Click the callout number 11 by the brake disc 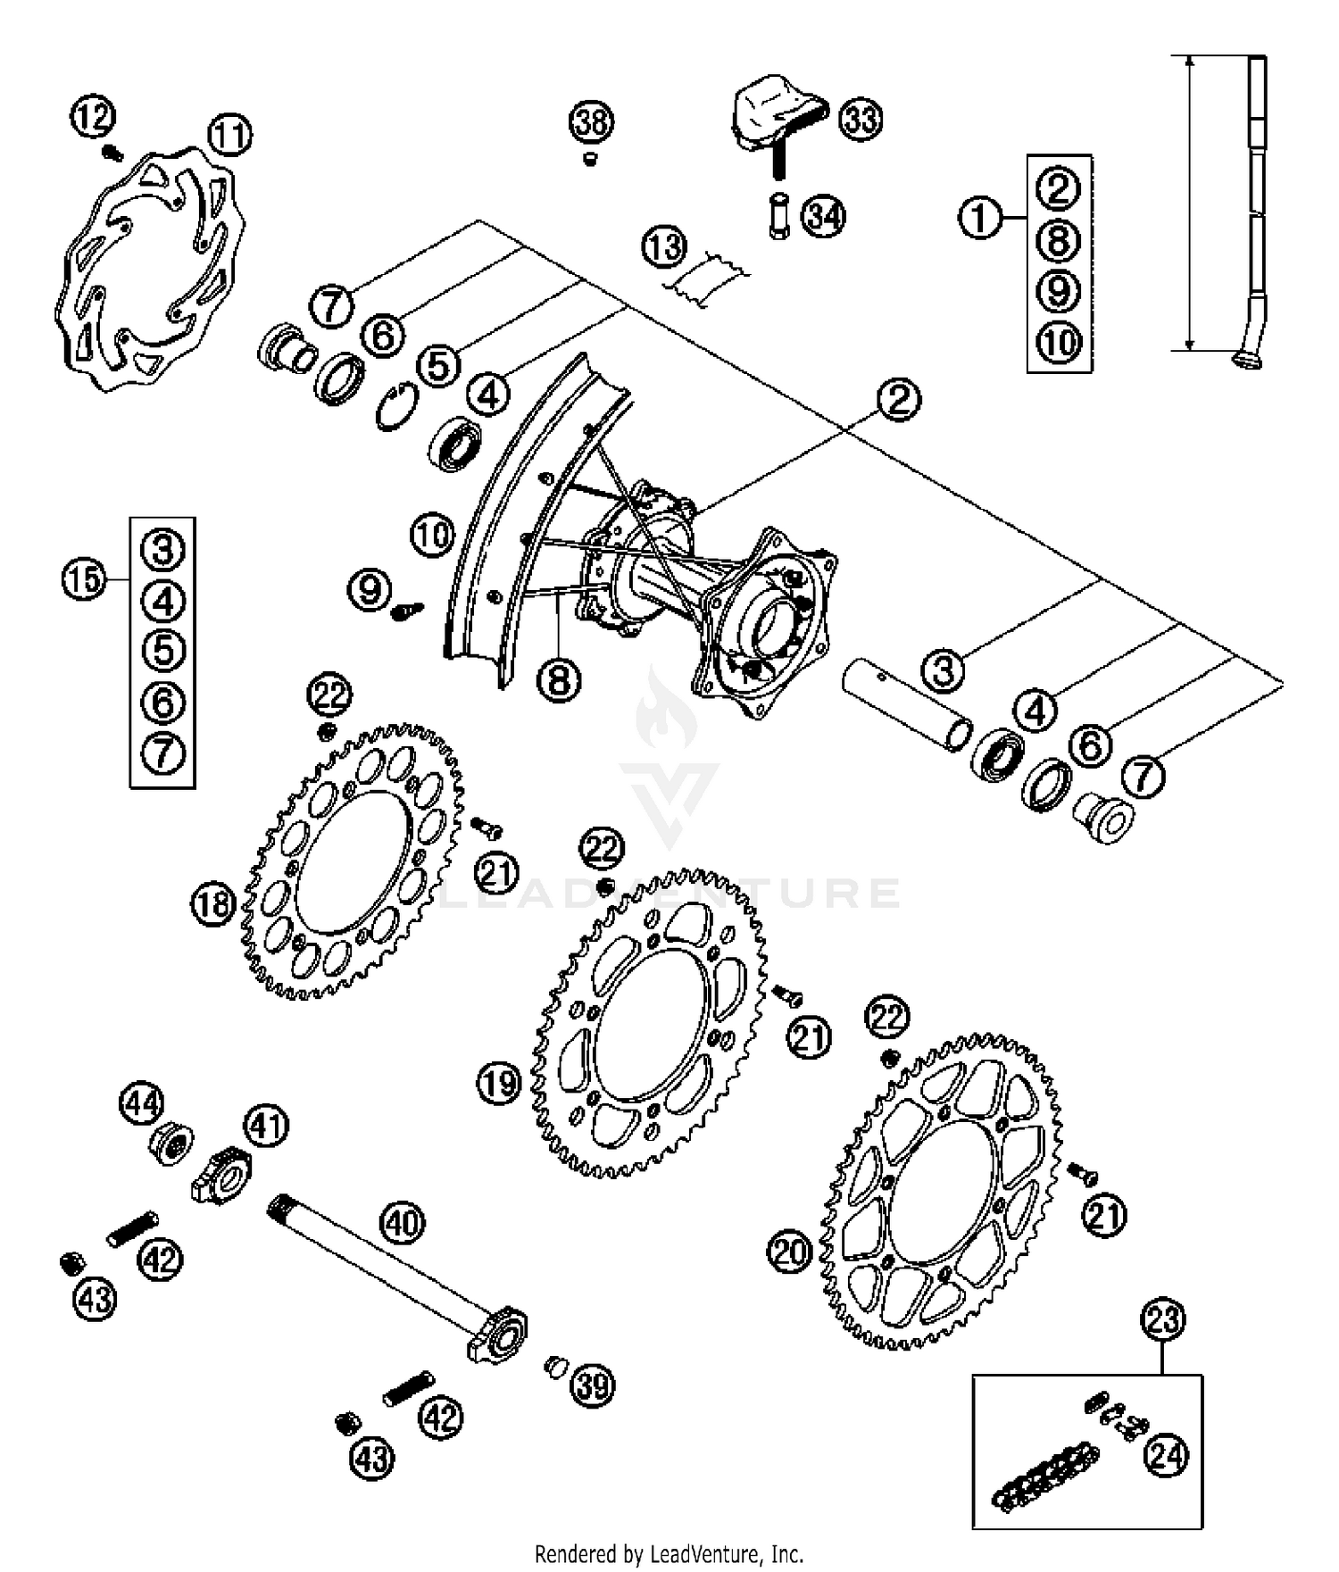[x=229, y=137]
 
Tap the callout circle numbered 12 [x=93, y=118]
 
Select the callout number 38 [x=592, y=121]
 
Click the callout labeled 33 [x=861, y=119]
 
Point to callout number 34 [x=823, y=217]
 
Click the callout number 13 [x=664, y=247]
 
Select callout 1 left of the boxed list [x=980, y=217]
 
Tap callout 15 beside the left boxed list [x=83, y=581]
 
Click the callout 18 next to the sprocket [x=212, y=905]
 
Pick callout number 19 [x=498, y=1084]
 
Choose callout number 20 [x=789, y=1252]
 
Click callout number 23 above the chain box [x=1163, y=1319]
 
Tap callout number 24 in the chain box [x=1166, y=1457]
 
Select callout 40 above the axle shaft [x=403, y=1222]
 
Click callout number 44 [x=141, y=1102]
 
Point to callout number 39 [x=593, y=1386]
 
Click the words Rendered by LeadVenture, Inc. [x=669, y=1554]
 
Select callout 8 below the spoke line [x=559, y=681]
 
